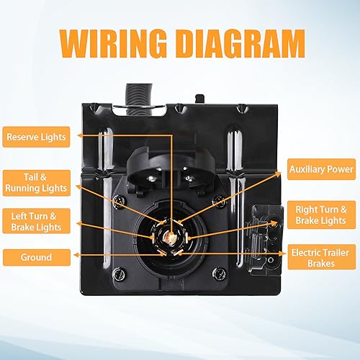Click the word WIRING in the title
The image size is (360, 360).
pyautogui.click(x=113, y=43)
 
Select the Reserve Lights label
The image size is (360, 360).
pyautogui.click(x=36, y=137)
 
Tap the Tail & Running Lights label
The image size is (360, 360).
pyautogui.click(x=37, y=183)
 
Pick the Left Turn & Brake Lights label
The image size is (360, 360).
pyautogui.click(x=36, y=221)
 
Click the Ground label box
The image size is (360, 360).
pyautogui.click(x=37, y=258)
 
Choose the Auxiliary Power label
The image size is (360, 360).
pyautogui.click(x=321, y=169)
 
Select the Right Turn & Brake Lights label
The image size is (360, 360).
pyautogui.click(x=321, y=215)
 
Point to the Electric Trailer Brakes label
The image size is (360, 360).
pyautogui.click(x=322, y=258)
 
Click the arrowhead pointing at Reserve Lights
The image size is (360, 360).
pyautogui.click(x=80, y=135)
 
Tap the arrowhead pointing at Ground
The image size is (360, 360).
pyautogui.click(x=76, y=255)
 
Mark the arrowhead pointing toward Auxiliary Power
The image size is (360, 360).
pyautogui.click(x=278, y=174)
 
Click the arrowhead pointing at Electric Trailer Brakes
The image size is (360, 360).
pyautogui.click(x=284, y=253)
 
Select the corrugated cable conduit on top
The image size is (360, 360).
pyautogui.click(x=139, y=99)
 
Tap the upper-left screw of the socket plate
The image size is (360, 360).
pyautogui.click(x=120, y=201)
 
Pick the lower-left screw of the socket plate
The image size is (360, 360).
pyautogui.click(x=120, y=274)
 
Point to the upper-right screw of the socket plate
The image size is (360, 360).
pyautogui.click(x=219, y=201)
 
